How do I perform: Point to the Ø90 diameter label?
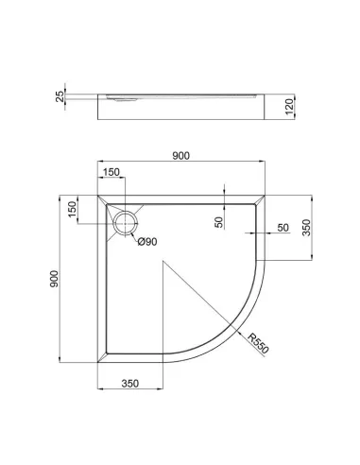click(147, 242)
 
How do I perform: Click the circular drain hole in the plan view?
click(127, 223)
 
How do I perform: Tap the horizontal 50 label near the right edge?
click(283, 228)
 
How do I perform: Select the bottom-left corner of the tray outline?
click(97, 362)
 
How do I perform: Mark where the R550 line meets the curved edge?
click(235, 331)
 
